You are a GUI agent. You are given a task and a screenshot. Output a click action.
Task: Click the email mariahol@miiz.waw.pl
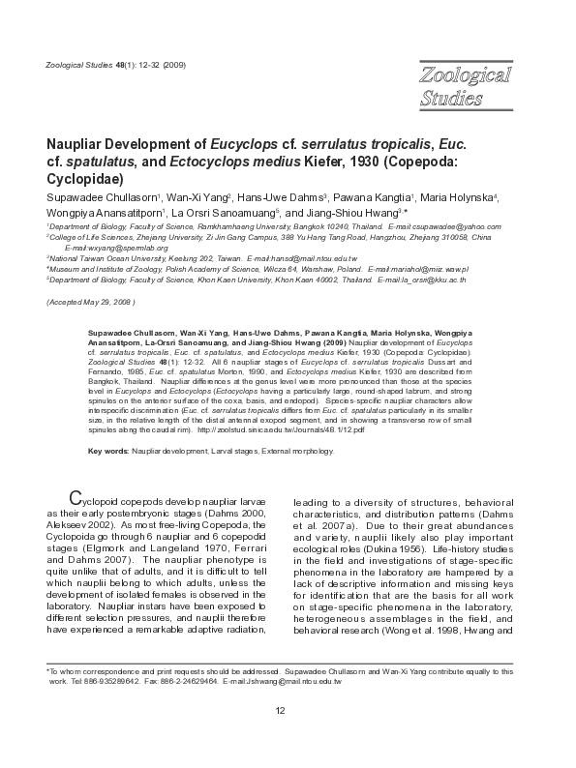422,270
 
